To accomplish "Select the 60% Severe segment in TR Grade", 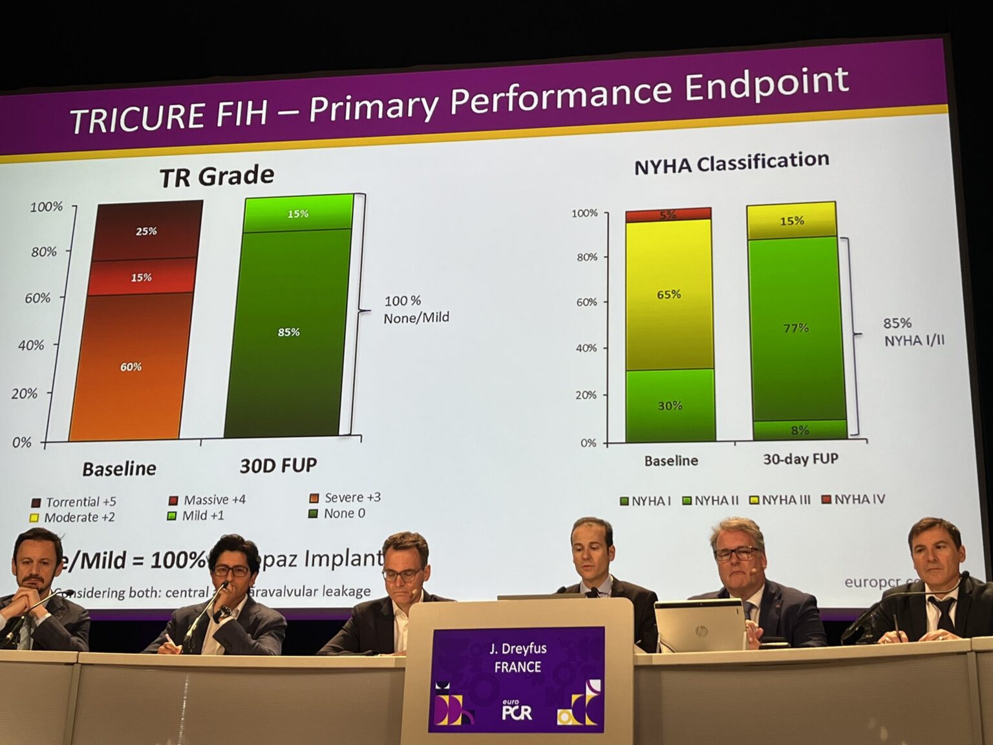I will [x=131, y=367].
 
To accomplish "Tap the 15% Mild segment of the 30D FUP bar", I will [x=298, y=213].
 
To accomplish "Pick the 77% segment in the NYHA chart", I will [x=796, y=328].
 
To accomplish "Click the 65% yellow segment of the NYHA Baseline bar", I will [x=669, y=294].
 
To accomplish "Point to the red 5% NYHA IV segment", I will [x=668, y=215].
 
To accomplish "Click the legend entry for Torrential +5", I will [x=74, y=502].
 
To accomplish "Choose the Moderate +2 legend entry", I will [x=72, y=517].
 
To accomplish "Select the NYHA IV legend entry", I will [x=853, y=499].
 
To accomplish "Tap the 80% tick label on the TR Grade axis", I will [x=44, y=252].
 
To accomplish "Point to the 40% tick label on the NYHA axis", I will [x=586, y=348].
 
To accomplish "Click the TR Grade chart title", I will [x=217, y=176].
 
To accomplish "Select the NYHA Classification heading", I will [x=731, y=163].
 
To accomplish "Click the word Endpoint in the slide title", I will [x=766, y=85].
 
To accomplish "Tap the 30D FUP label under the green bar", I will [x=279, y=466].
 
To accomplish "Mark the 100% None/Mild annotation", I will [x=416, y=309].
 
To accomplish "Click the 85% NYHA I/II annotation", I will [x=913, y=331].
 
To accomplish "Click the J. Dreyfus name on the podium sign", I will [x=518, y=649].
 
